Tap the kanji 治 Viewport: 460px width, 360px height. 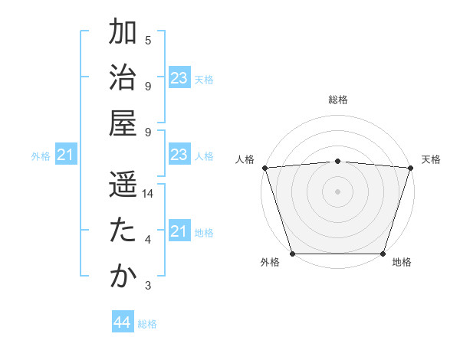[x=123, y=78]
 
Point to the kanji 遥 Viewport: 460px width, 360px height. [x=123, y=185]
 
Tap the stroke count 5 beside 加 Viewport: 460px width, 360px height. [x=148, y=41]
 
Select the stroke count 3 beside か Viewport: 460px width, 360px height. [x=148, y=286]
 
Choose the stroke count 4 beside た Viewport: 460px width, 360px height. [x=148, y=241]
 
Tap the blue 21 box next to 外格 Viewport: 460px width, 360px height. [x=66, y=155]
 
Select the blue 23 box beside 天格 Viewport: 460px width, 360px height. [x=179, y=78]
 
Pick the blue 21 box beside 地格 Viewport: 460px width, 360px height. [x=179, y=231]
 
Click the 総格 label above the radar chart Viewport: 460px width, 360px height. [x=337, y=100]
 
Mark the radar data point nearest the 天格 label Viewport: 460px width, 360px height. [x=410, y=168]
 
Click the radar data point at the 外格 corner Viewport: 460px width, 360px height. [x=293, y=254]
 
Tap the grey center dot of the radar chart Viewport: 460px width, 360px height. [x=337, y=191]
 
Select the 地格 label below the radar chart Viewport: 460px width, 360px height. [x=402, y=263]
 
